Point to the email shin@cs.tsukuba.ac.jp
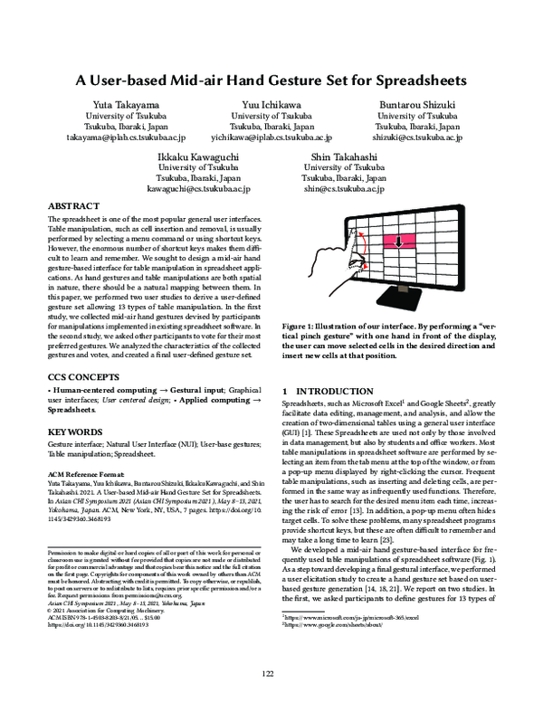341,189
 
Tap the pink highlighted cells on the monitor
395,242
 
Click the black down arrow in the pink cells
395,242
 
